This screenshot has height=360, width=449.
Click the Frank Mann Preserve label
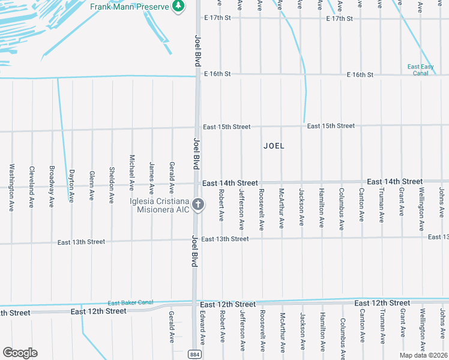[128, 7]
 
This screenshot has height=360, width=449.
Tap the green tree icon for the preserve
[178, 7]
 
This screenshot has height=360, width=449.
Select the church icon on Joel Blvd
[199, 205]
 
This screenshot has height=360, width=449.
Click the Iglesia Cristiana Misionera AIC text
[160, 205]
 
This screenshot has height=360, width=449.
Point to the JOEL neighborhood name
[274, 146]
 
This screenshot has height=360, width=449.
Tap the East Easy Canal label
[421, 70]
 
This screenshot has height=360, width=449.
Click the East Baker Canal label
[130, 302]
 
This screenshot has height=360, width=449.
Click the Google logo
[20, 352]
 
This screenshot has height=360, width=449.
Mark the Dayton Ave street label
[72, 184]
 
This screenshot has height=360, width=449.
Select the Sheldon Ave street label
[112, 184]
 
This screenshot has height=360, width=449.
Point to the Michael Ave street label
[132, 173]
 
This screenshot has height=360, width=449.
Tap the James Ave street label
[152, 176]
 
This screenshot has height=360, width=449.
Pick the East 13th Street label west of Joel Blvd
[81, 242]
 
